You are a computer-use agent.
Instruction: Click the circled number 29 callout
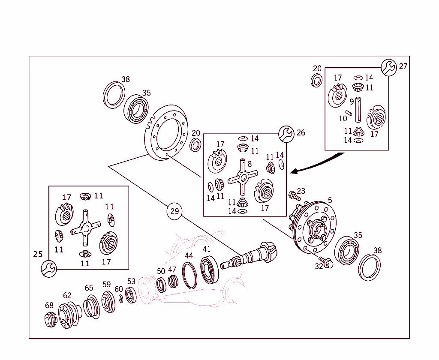click(174, 211)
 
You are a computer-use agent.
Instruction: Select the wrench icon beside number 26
click(286, 134)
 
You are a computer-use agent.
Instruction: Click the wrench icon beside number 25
click(49, 269)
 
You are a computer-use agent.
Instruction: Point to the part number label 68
click(49, 305)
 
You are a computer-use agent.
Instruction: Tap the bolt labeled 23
click(295, 196)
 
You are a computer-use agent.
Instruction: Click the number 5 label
click(330, 200)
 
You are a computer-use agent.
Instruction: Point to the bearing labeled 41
click(210, 268)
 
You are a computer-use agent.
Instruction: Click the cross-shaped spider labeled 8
click(242, 177)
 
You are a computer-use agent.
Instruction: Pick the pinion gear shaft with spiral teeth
click(253, 256)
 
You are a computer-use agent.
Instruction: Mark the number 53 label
click(131, 282)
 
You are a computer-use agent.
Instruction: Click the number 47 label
click(172, 270)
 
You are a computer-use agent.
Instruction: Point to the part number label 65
click(89, 288)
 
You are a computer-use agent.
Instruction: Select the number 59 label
click(106, 284)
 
